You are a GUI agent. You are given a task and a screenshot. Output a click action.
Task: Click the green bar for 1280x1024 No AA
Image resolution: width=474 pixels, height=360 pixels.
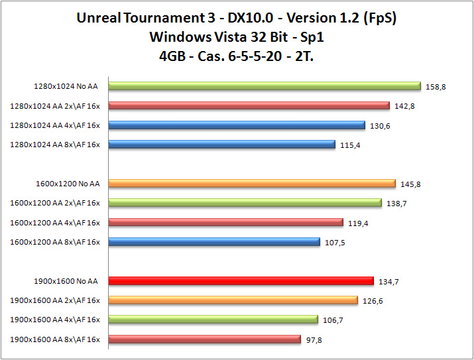click(264, 86)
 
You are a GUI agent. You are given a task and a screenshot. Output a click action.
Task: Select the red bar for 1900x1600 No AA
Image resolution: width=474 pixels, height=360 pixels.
click(241, 280)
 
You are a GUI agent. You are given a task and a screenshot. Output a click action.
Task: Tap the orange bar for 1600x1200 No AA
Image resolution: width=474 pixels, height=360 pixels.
click(251, 184)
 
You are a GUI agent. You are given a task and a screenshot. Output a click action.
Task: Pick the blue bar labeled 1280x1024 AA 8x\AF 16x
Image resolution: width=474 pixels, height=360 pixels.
click(221, 144)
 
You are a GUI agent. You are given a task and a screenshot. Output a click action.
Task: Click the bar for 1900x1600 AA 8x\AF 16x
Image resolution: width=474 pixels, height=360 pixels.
click(204, 339)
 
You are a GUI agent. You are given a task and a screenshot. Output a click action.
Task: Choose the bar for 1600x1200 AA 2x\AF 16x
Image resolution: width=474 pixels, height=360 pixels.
click(245, 203)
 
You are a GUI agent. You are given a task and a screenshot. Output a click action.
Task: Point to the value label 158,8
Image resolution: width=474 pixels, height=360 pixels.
click(436, 86)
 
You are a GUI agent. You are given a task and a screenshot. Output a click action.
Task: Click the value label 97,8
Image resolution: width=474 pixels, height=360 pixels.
click(314, 340)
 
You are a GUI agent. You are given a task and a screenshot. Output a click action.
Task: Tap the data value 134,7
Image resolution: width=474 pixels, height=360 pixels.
click(388, 282)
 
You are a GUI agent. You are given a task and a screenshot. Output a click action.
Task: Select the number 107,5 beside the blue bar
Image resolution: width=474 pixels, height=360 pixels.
click(335, 243)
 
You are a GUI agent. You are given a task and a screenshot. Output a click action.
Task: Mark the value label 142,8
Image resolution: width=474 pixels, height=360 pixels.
click(404, 106)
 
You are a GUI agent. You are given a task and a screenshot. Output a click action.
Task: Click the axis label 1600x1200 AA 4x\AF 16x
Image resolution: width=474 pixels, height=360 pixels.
click(55, 223)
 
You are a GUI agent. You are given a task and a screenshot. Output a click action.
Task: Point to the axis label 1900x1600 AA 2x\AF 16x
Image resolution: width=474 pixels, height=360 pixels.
click(55, 301)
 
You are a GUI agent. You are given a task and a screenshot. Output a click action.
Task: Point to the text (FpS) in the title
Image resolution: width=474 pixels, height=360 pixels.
click(379, 18)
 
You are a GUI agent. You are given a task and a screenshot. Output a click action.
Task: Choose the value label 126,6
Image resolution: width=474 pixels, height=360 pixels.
click(372, 301)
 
